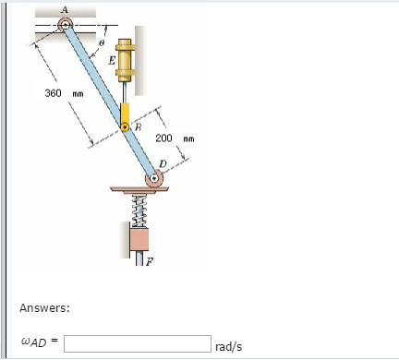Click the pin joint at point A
click(66, 25)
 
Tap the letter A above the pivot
click(65, 8)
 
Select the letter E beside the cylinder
click(112, 60)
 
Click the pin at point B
click(125, 127)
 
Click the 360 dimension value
click(54, 93)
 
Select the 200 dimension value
click(163, 138)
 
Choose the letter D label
click(163, 164)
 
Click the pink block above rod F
click(140, 239)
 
